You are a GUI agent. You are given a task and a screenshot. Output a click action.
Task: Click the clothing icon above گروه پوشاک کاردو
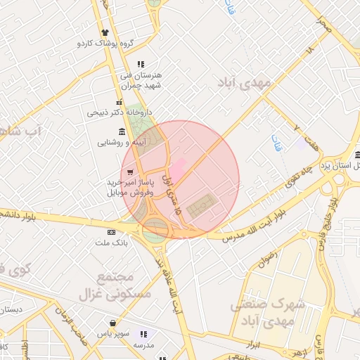[105, 32]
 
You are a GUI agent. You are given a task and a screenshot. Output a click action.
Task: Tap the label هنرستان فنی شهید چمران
[146, 79]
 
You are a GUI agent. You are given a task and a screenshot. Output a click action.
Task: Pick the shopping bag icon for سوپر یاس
[113, 323]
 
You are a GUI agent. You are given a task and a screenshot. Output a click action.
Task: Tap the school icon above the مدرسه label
[144, 334]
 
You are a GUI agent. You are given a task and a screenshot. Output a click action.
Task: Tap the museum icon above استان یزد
[358, 155]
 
